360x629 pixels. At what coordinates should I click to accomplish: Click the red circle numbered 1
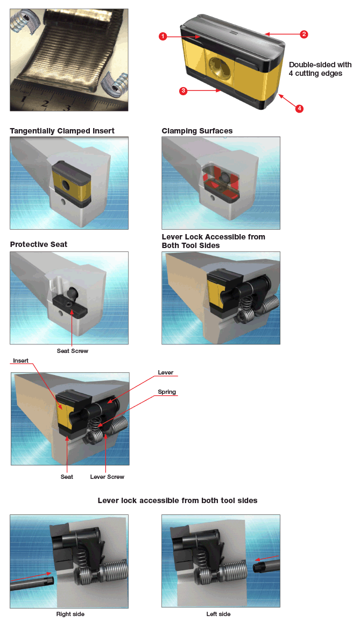tap(163, 36)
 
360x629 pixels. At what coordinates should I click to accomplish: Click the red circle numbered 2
tap(304, 34)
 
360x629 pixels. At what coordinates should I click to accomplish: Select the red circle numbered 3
tap(183, 91)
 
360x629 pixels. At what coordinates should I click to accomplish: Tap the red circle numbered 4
tap(299, 108)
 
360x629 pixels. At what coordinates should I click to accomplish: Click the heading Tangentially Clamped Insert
tap(62, 131)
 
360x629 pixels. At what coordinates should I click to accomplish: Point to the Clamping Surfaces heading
tap(197, 131)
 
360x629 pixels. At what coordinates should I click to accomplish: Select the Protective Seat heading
tap(39, 244)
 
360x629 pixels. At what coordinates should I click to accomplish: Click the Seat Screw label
tap(73, 351)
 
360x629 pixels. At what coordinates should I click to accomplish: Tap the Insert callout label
tap(20, 361)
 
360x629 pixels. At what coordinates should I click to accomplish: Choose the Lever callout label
tap(166, 372)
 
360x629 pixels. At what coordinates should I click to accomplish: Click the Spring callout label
tap(167, 392)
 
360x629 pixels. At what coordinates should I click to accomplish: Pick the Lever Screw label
tap(107, 477)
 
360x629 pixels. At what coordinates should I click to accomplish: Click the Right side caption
tap(70, 614)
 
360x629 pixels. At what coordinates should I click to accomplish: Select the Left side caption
tap(218, 614)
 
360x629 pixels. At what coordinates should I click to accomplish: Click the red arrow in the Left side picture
tap(267, 559)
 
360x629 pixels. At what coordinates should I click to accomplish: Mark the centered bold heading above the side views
tap(178, 500)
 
